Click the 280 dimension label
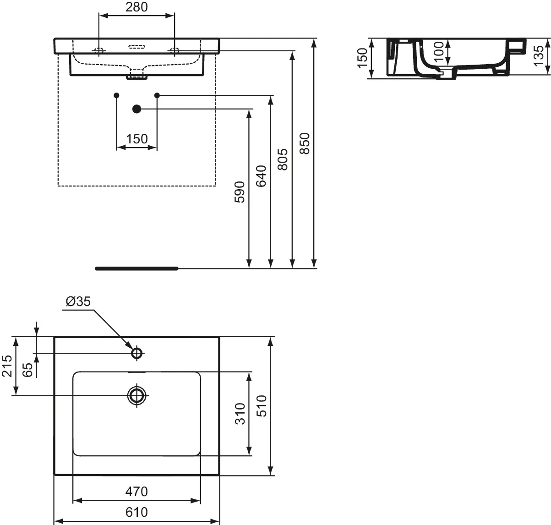[137, 7]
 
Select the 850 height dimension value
[306, 143]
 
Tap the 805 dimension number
[283, 159]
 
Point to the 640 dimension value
[261, 176]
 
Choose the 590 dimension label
[240, 191]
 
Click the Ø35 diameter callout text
[78, 301]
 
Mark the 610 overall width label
[136, 511]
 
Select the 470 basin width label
[136, 492]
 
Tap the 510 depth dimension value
[262, 405]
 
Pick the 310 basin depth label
[240, 413]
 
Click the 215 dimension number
[6, 366]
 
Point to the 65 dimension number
[27, 369]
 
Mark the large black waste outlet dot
[136, 109]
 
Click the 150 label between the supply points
[137, 138]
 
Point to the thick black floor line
[136, 268]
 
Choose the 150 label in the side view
[362, 58]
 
